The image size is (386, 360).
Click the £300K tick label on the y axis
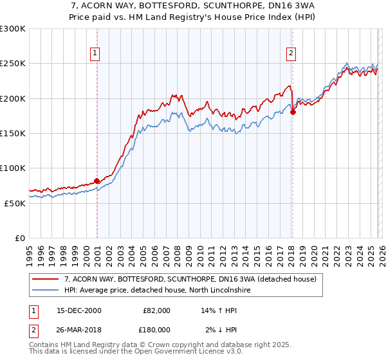tap(13, 29)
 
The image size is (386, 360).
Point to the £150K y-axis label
tap(13, 133)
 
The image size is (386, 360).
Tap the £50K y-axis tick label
tap(15, 203)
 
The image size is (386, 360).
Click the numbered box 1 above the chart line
tap(95, 53)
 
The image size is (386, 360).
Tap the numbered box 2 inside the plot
tap(291, 53)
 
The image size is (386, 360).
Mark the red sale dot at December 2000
tap(97, 181)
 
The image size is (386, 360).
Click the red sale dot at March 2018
tap(293, 113)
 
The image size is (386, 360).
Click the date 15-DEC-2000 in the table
tap(75, 310)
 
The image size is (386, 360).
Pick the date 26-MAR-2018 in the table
tap(75, 330)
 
